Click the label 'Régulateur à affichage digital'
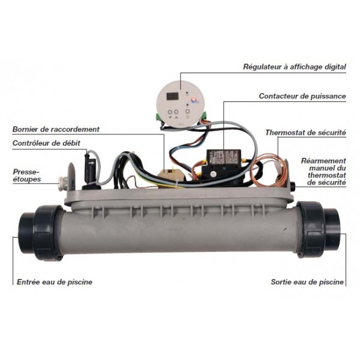point(295,67)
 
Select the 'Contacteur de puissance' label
point(302,96)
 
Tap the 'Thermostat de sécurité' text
point(305,133)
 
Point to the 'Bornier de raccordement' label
point(56,129)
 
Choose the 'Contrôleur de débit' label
point(46,143)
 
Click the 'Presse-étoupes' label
point(26,175)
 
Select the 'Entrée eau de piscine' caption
point(55,282)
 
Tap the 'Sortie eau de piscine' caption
point(307,282)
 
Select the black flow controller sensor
point(89,170)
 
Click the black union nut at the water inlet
point(47,233)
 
